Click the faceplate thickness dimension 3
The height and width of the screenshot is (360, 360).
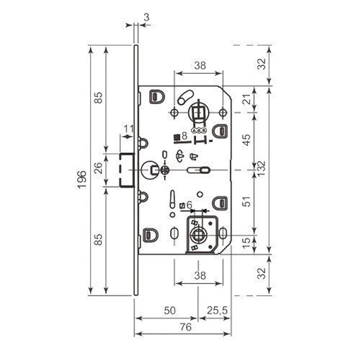click(146, 17)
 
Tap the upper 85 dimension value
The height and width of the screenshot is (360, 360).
click(98, 98)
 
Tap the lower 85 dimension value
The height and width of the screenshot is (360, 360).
click(98, 239)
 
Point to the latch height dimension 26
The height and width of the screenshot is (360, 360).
click(98, 168)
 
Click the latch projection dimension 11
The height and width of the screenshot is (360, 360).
click(129, 129)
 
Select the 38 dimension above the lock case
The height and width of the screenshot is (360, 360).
click(200, 66)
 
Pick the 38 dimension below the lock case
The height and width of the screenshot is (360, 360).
click(200, 275)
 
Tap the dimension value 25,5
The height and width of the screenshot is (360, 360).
click(217, 310)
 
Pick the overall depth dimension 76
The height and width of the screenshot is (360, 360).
click(185, 327)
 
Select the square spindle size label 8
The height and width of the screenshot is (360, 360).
click(184, 136)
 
